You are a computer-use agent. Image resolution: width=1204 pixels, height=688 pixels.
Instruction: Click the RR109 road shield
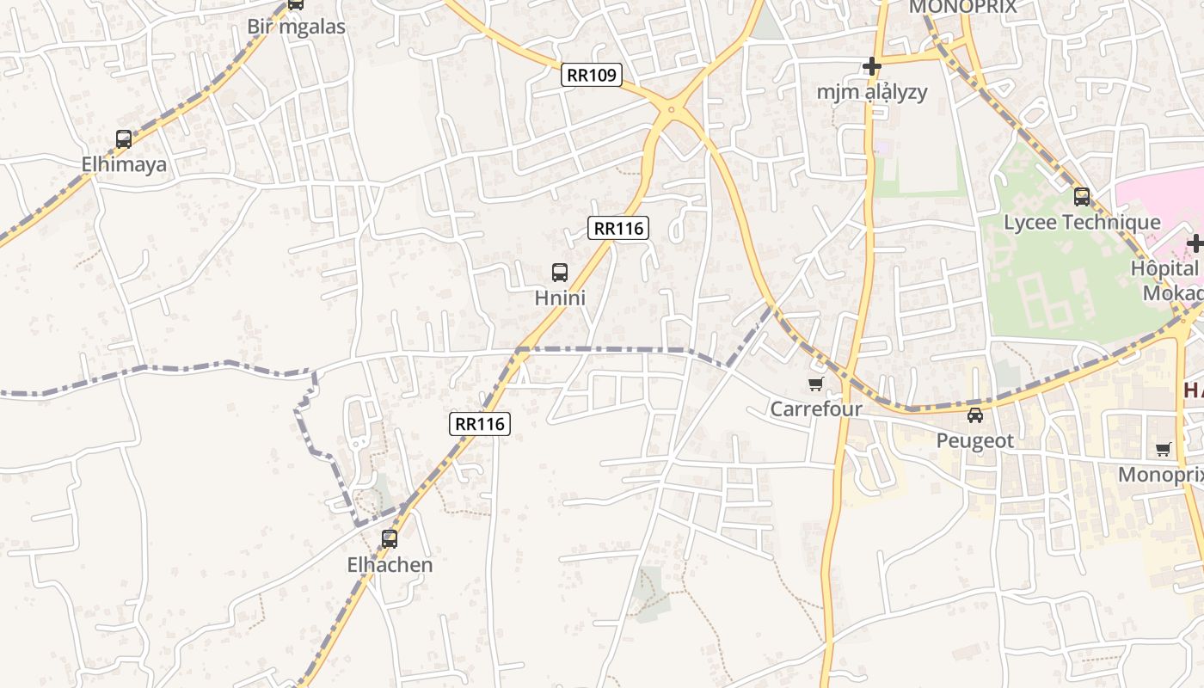click(x=592, y=75)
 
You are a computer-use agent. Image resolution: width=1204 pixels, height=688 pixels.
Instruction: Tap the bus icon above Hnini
click(x=560, y=273)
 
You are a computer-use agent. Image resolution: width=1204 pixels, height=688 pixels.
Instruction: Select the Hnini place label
click(x=560, y=298)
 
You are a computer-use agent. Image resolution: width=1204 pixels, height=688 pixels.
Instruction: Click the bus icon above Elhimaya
click(x=124, y=139)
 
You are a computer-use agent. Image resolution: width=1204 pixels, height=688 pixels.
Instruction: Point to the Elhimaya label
click(x=124, y=164)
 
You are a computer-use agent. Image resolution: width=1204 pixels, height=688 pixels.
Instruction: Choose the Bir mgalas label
click(x=296, y=27)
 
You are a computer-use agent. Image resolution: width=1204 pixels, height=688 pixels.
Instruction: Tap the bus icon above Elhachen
click(x=390, y=539)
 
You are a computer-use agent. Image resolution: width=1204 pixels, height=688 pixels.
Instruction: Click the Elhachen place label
click(x=390, y=565)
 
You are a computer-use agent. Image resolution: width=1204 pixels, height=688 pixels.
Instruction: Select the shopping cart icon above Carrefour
click(x=815, y=384)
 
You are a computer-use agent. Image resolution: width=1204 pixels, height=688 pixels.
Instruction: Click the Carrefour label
click(x=815, y=409)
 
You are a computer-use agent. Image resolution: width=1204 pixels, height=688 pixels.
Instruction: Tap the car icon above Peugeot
click(x=975, y=415)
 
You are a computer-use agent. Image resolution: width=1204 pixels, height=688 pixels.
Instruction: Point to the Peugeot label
click(x=975, y=441)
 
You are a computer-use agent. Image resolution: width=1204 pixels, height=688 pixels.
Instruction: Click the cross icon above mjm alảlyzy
click(x=872, y=66)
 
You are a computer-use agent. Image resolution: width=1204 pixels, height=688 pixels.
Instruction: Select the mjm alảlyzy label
click(x=872, y=92)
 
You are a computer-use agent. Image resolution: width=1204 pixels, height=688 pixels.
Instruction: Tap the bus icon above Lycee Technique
click(x=1082, y=197)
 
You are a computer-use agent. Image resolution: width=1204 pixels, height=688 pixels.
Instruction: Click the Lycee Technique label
click(x=1082, y=223)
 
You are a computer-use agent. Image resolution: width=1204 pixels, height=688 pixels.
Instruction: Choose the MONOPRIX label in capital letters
click(x=962, y=7)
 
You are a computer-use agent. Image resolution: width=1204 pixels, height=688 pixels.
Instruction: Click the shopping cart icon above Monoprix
click(x=1164, y=449)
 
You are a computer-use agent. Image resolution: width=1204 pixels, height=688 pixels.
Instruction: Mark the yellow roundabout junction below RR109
click(x=672, y=111)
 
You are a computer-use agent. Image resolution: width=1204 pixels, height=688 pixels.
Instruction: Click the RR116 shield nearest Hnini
click(x=618, y=228)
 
